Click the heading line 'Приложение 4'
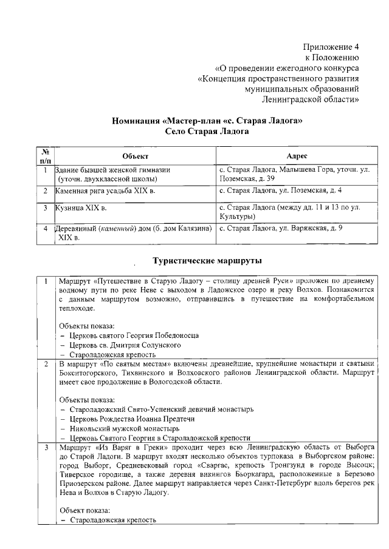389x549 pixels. tap(331, 47)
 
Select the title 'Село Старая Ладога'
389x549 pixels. tap(207, 130)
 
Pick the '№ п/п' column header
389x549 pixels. tap(45, 156)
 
